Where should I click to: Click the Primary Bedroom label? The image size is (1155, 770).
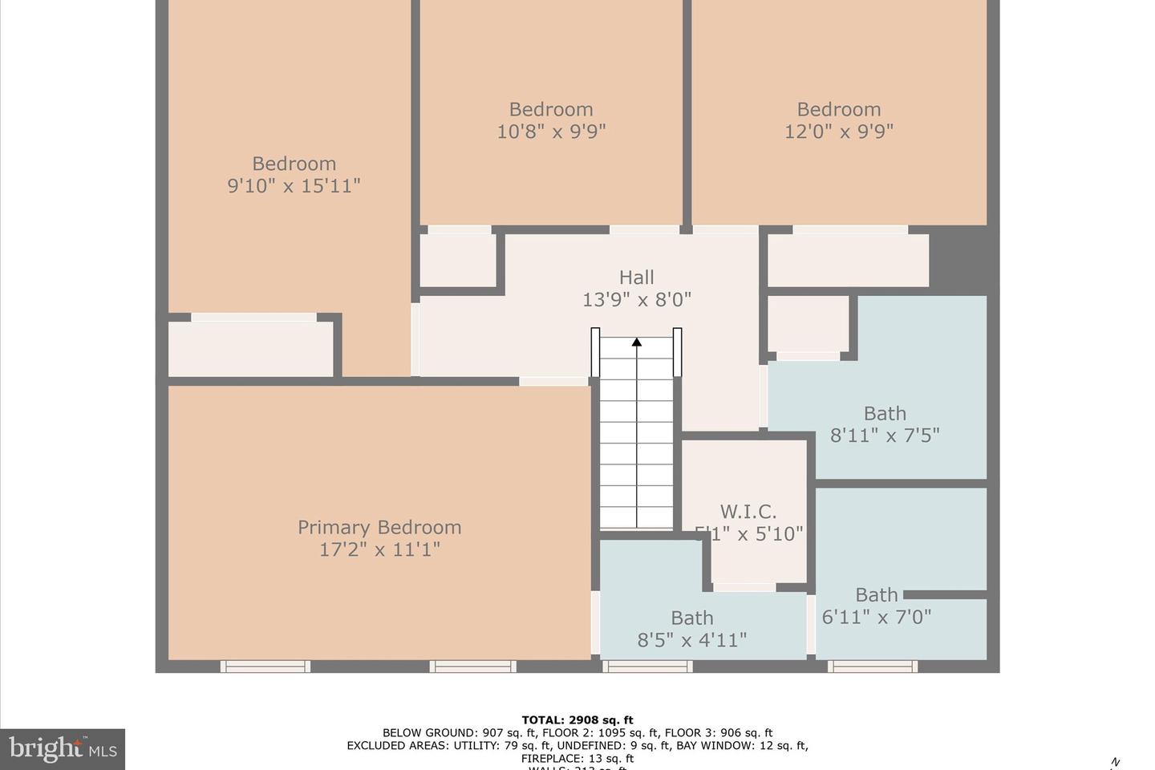coord(379,527)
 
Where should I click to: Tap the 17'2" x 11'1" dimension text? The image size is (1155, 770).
coord(379,549)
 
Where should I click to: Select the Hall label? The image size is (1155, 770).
coord(636,278)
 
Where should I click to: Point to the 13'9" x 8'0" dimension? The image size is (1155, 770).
coord(636,300)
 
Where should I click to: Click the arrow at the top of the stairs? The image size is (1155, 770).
coord(637,342)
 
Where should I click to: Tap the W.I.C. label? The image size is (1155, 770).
coord(748,512)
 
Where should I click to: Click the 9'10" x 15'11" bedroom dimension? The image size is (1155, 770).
coord(294,186)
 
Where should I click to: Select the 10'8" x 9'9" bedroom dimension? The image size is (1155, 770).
coord(551,132)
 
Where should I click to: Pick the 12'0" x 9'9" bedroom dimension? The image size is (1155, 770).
coord(838,132)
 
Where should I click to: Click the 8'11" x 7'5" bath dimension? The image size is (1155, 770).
coord(884,436)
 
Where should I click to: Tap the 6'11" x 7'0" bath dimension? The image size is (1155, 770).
coord(876,617)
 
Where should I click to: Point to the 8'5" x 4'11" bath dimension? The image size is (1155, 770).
coord(691,640)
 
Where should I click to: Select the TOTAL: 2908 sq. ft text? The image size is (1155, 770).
coord(577,719)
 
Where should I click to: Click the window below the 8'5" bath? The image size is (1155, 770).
coord(647,666)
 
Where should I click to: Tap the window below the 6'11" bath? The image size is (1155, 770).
coord(873,666)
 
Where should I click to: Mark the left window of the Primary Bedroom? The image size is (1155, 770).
coord(265,666)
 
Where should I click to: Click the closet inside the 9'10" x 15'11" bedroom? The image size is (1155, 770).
coord(250,349)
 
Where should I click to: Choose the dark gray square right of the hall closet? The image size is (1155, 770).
coord(958,258)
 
